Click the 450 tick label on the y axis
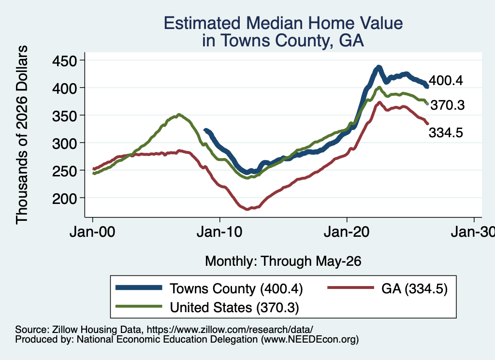[64, 60]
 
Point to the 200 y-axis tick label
[64, 199]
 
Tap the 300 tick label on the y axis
[64, 143]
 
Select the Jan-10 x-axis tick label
[219, 232]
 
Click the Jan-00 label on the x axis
[92, 232]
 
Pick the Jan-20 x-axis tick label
[347, 232]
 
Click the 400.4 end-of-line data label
[446, 80]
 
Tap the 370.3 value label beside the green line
[448, 105]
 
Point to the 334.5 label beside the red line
[446, 132]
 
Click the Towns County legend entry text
[236, 288]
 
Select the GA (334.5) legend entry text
[414, 288]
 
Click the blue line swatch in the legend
[139, 288]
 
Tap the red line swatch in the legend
[351, 288]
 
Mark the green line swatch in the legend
[139, 306]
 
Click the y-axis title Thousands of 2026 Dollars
[22, 135]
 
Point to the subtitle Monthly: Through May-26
[283, 261]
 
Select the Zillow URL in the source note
[230, 330]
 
